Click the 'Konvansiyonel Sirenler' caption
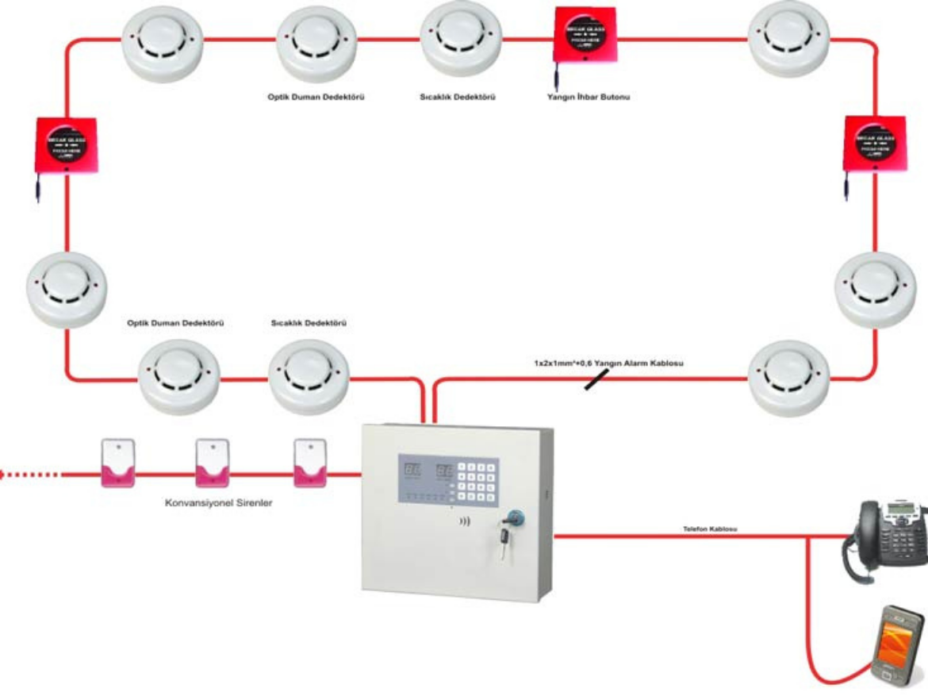pos(219,502)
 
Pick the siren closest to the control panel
pos(310,462)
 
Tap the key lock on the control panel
pos(508,518)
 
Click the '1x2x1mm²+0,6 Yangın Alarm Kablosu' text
pos(608,363)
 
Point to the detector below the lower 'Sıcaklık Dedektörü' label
pos(309,377)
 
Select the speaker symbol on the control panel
pos(465,523)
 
